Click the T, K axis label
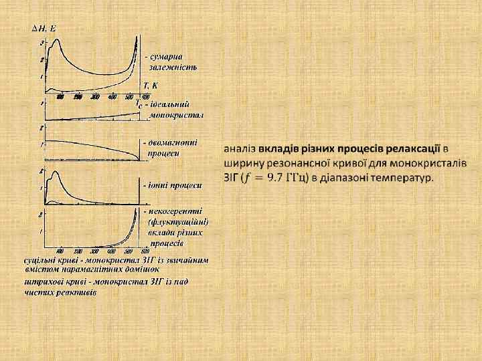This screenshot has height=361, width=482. click(151, 86)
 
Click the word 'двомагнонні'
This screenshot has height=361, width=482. click(173, 142)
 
